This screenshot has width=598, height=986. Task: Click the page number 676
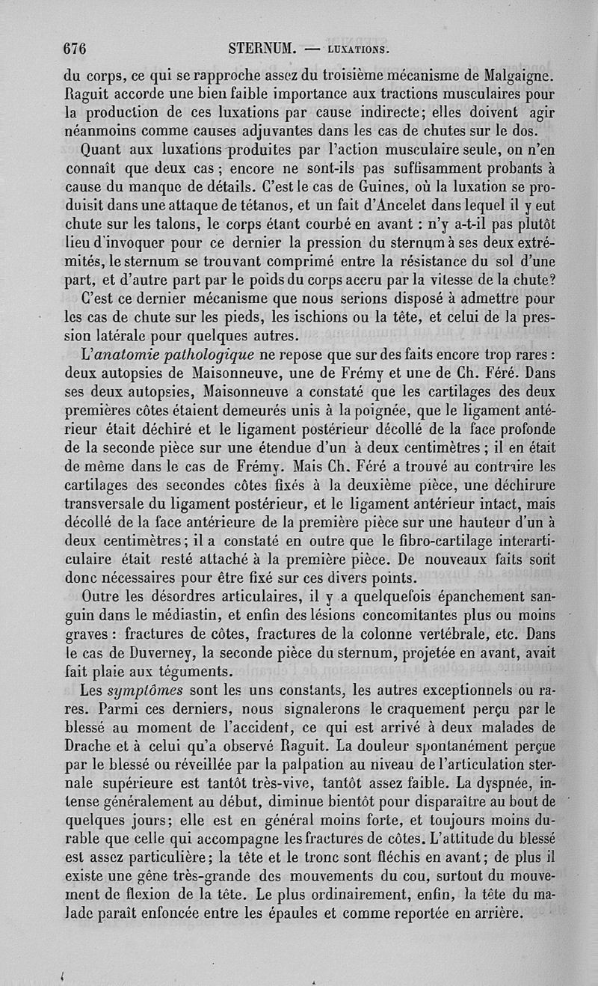75,49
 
